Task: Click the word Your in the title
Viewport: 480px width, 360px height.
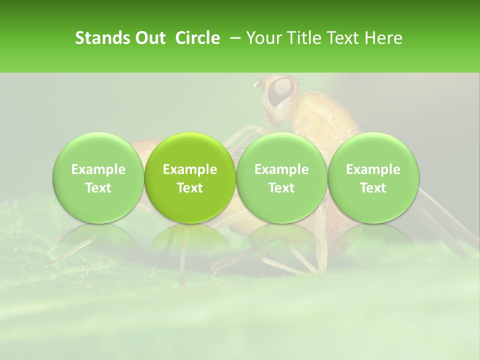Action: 263,38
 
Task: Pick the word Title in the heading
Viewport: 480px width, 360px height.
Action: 302,38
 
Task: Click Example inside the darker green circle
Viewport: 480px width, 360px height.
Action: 190,169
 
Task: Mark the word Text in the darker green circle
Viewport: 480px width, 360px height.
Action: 190,188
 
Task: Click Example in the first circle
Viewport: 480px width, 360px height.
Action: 98,169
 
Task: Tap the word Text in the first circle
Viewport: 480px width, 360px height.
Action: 98,188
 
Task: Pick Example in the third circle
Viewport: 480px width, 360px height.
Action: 281,169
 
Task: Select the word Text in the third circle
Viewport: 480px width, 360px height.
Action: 281,188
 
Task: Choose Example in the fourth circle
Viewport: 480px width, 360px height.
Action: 373,169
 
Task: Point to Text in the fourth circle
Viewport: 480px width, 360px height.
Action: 373,188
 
